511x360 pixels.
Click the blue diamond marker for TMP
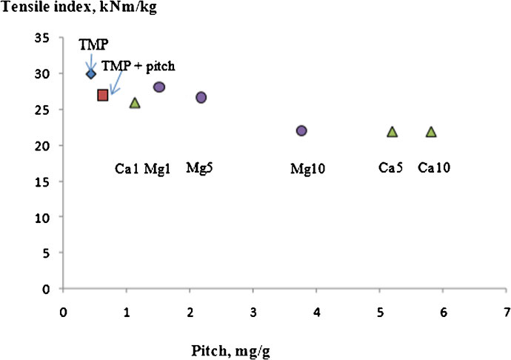coord(91,73)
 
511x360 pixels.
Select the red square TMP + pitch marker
coord(103,95)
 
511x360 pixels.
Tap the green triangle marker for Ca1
coord(135,103)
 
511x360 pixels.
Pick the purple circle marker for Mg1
coord(159,87)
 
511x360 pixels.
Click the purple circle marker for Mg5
coord(201,98)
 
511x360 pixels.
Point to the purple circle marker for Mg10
coord(301,130)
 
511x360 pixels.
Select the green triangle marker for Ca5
coord(393,132)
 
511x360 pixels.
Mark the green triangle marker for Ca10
coord(431,132)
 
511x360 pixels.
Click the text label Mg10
coord(308,170)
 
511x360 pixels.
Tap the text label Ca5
coord(390,167)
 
